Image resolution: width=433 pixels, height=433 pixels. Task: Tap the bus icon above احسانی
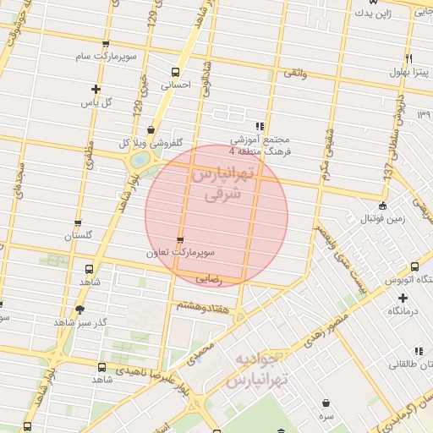[175, 72]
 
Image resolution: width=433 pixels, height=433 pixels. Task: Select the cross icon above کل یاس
[96, 89]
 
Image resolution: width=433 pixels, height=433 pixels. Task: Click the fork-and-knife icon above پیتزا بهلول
[409, 58]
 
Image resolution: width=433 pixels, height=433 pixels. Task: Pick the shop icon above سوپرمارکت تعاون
[178, 239]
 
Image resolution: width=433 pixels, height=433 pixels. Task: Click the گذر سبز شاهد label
[79, 323]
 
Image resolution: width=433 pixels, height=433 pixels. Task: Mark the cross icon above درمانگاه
[403, 298]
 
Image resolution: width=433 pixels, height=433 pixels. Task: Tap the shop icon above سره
[326, 403]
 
